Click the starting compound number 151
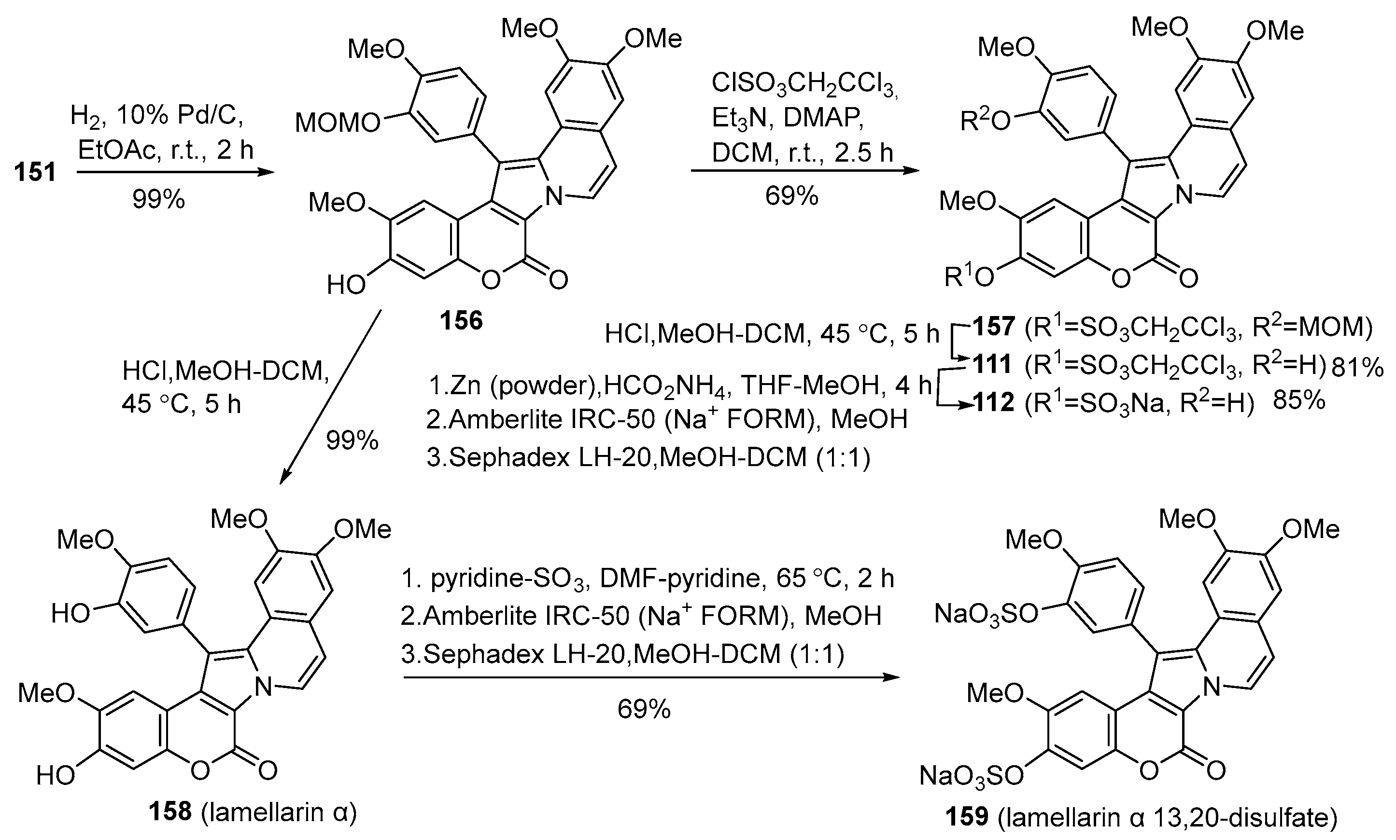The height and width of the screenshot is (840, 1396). (35, 171)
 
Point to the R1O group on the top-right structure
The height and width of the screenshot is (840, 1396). (969, 277)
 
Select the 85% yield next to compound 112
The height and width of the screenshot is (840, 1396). (1298, 401)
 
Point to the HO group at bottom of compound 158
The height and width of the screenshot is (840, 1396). (55, 775)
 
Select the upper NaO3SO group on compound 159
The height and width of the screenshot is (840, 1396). (986, 614)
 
